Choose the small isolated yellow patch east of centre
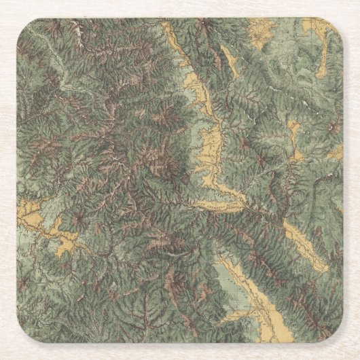click(293, 132)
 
